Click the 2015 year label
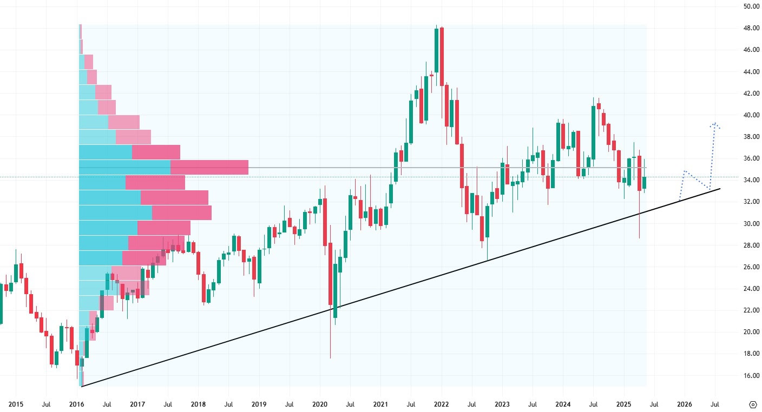click(16, 404)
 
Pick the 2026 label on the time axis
click(685, 404)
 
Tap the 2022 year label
click(441, 404)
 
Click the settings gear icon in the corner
click(753, 404)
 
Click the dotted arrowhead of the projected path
click(715, 125)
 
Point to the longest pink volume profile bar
click(209, 167)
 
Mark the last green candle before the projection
click(644, 182)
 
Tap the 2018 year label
click(198, 404)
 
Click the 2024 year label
click(563, 404)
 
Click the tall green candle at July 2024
click(594, 132)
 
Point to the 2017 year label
click(137, 404)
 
